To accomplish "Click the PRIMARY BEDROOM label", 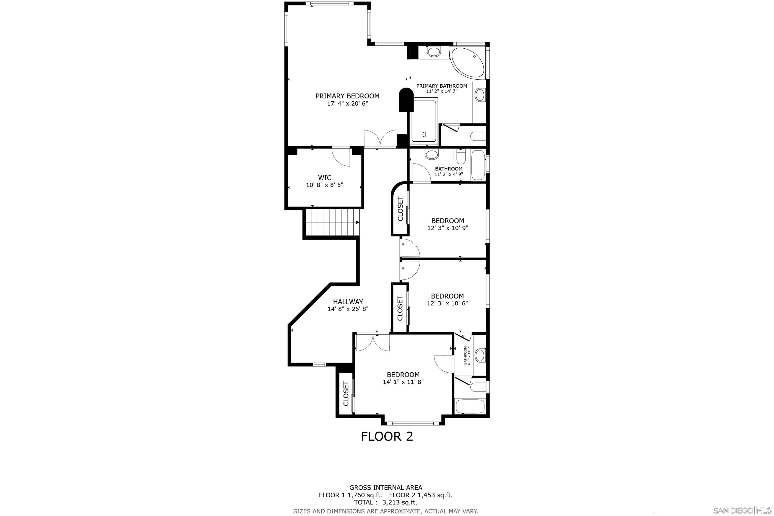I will (347, 96).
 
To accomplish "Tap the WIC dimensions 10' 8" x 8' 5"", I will (325, 185).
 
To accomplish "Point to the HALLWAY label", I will (348, 301).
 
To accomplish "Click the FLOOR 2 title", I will (387, 436).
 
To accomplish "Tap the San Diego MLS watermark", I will (743, 510).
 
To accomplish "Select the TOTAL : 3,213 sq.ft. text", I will (386, 502).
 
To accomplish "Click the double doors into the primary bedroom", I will (380, 139).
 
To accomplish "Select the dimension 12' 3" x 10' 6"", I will (447, 303).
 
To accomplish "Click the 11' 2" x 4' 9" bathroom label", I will (449, 171).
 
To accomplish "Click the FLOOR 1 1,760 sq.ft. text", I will (351, 495).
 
